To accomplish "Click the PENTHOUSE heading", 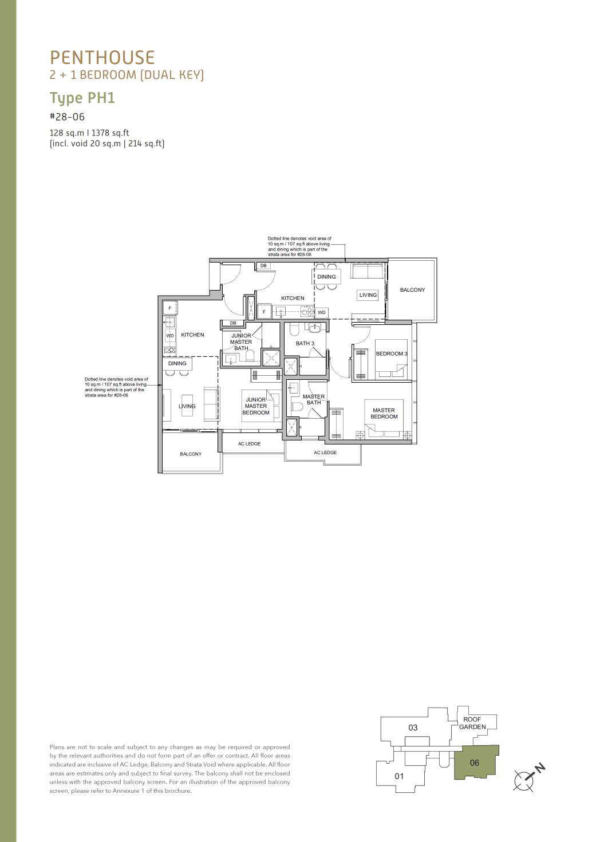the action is [102, 58].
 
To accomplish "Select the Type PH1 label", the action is [82, 98].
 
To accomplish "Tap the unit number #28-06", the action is [68, 117].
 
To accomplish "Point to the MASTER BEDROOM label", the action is [384, 414].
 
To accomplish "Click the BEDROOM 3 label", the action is [391, 354].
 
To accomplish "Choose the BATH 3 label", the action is [305, 343].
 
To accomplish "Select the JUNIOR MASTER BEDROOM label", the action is [256, 406].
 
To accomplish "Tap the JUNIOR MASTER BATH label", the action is [241, 341].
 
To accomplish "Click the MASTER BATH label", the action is [313, 400].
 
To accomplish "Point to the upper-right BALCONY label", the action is [412, 290].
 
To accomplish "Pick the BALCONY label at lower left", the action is [191, 454].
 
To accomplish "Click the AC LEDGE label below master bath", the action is [325, 452].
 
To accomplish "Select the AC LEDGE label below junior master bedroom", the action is [249, 444].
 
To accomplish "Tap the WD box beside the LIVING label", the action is [322, 312].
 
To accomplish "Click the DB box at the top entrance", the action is [263, 266].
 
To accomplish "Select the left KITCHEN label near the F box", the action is [192, 335].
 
